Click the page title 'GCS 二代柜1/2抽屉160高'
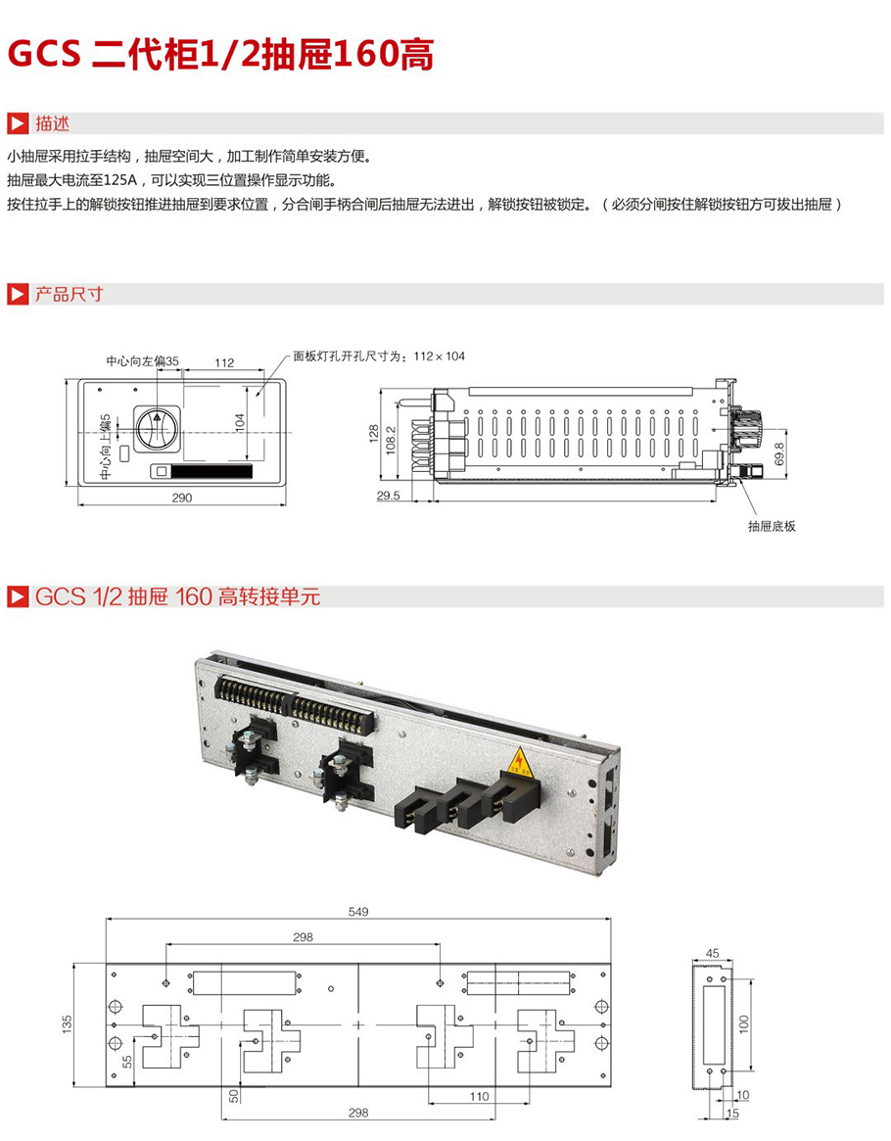pyautogui.click(x=220, y=55)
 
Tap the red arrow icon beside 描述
pyautogui.click(x=18, y=124)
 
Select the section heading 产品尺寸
pyautogui.click(x=69, y=294)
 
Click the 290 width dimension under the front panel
pyautogui.click(x=182, y=497)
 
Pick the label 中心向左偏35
pyautogui.click(x=143, y=361)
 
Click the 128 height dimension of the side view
pyautogui.click(x=373, y=434)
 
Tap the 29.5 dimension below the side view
pyautogui.click(x=389, y=497)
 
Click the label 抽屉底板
pyautogui.click(x=772, y=526)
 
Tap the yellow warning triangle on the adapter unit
pyautogui.click(x=518, y=762)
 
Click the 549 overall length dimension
pyautogui.click(x=358, y=912)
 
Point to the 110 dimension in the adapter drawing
pyautogui.click(x=478, y=1096)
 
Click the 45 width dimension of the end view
pyautogui.click(x=712, y=952)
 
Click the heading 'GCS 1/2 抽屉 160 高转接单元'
pyautogui.click(x=177, y=596)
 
